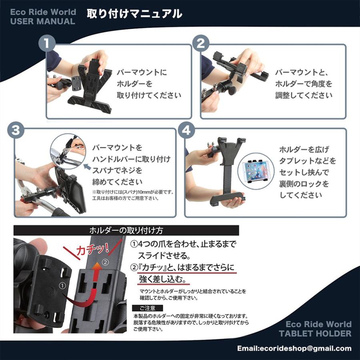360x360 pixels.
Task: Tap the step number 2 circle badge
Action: pos(201,44)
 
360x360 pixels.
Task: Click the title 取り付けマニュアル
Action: pos(134,14)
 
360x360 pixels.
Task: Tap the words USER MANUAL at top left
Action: pos(43,22)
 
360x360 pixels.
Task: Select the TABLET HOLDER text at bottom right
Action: pos(315,333)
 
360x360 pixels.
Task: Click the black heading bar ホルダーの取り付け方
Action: pos(126,230)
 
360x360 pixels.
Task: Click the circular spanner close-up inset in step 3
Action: pos(67,151)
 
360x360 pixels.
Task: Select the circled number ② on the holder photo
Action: pos(105,263)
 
